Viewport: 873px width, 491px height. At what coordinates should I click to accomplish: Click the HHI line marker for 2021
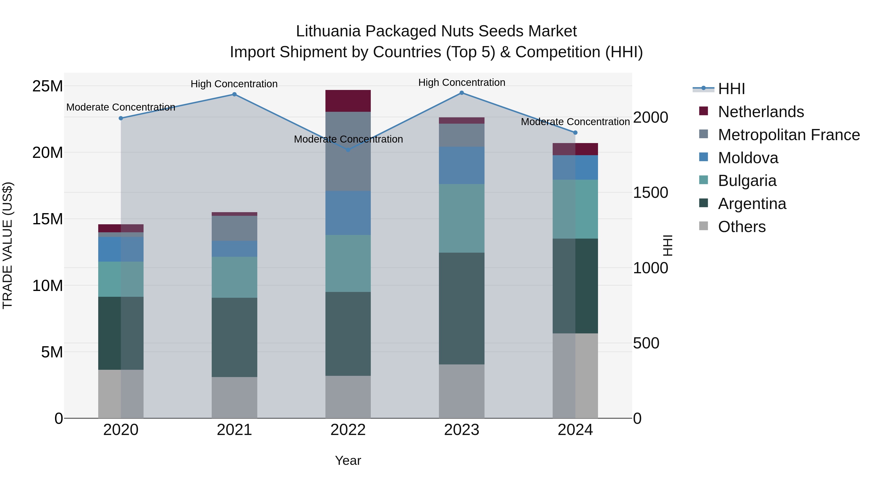(234, 95)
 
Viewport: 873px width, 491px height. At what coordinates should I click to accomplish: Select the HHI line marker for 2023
(461, 93)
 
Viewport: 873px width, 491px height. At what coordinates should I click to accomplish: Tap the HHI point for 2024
(575, 133)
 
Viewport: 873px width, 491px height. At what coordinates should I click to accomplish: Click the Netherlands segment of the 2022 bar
(348, 101)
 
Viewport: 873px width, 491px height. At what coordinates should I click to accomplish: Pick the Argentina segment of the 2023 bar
(461, 308)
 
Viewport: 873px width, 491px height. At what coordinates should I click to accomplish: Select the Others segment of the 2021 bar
(234, 397)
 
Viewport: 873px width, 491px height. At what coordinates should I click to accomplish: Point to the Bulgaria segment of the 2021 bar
(234, 277)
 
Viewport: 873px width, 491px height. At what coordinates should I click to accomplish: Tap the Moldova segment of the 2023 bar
(461, 165)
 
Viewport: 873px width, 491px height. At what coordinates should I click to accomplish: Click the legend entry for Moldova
(748, 158)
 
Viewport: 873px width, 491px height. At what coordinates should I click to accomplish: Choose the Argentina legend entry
(752, 204)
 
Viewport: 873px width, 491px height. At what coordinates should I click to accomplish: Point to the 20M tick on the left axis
(48, 153)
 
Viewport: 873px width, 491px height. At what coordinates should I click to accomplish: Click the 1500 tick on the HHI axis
(651, 193)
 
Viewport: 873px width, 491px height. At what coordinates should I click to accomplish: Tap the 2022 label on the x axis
(348, 430)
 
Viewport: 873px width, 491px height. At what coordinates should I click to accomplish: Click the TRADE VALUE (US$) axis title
(8, 245)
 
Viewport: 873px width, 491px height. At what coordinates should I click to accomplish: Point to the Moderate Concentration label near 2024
(575, 122)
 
